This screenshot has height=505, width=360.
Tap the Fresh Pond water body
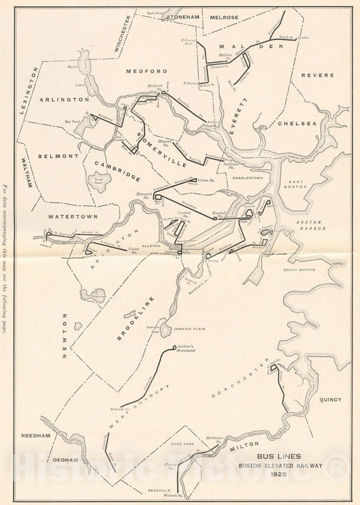[101, 181]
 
